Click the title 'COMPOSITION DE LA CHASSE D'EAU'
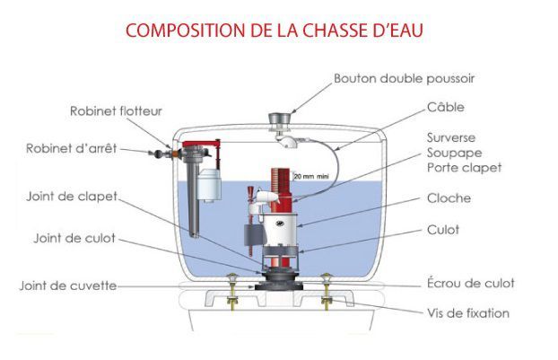click(275, 31)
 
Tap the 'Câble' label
click(447, 105)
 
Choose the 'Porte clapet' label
click(464, 167)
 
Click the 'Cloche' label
click(449, 198)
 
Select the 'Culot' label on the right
click(443, 230)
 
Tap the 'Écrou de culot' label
click(470, 283)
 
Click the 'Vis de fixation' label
click(467, 313)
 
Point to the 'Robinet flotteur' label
click(116, 111)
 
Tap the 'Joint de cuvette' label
click(68, 286)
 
